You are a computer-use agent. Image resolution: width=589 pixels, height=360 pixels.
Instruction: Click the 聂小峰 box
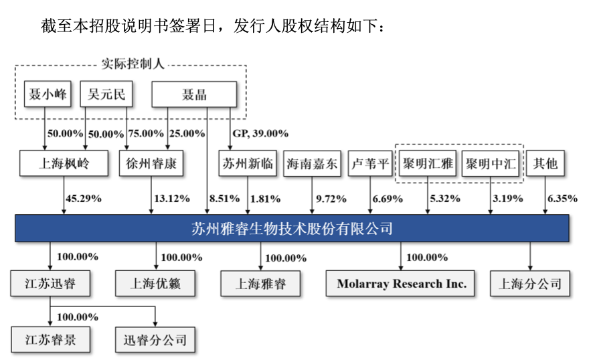pyautogui.click(x=46, y=94)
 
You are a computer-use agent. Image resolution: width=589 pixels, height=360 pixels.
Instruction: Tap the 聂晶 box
pyautogui.click(x=194, y=94)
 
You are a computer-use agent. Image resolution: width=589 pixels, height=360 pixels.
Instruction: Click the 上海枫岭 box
pyautogui.click(x=64, y=163)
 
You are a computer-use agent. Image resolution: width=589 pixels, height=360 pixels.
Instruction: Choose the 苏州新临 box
pyautogui.click(x=247, y=163)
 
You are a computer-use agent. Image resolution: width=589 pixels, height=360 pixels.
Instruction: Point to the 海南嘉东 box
pyautogui.click(x=313, y=163)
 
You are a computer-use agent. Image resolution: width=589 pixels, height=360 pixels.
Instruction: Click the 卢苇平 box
pyautogui.click(x=370, y=163)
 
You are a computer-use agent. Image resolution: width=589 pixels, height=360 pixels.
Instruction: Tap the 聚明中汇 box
pyautogui.click(x=491, y=163)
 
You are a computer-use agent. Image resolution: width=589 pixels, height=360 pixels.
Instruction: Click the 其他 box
pyautogui.click(x=544, y=163)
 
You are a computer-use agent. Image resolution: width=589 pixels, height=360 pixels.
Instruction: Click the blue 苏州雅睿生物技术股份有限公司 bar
pyautogui.click(x=292, y=228)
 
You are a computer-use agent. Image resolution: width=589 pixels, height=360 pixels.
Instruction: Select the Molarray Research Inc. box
pyautogui.click(x=402, y=283)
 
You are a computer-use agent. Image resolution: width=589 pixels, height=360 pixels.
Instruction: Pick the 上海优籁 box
pyautogui.click(x=155, y=283)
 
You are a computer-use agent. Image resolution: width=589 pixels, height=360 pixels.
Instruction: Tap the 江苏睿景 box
pyautogui.click(x=51, y=340)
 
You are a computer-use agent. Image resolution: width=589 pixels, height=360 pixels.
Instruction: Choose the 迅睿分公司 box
pyautogui.click(x=155, y=340)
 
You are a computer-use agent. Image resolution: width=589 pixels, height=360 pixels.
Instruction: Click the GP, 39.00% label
pyautogui.click(x=260, y=133)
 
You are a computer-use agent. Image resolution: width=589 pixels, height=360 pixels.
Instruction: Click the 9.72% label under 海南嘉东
pyautogui.click(x=331, y=198)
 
